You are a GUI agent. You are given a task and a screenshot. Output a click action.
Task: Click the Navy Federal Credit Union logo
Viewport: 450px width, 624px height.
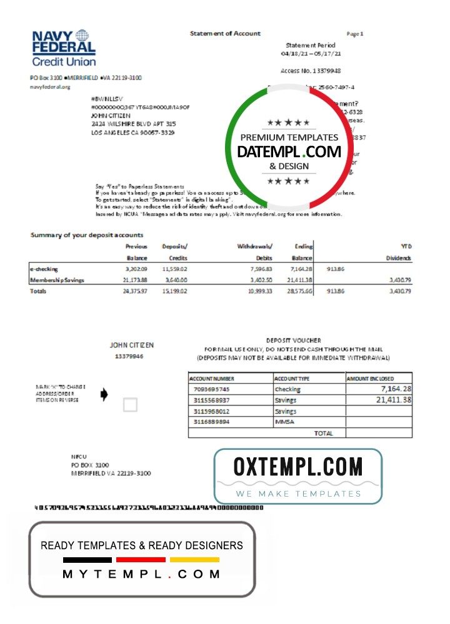tap(64, 49)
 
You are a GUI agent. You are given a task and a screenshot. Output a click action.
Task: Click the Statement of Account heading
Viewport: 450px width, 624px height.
tap(225, 34)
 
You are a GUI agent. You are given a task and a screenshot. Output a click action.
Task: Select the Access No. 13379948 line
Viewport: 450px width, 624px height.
tap(311, 71)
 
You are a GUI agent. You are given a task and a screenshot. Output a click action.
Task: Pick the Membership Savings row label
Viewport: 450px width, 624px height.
tap(57, 280)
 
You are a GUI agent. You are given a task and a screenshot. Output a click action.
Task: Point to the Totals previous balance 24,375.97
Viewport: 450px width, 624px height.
tap(135, 291)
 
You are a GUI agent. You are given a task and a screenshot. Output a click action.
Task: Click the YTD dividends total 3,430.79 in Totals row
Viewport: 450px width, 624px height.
tap(399, 291)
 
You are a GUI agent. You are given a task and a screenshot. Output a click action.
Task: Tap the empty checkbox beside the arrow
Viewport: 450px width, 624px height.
tap(130, 405)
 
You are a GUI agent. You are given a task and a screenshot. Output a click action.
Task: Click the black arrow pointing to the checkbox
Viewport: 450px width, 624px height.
tap(104, 394)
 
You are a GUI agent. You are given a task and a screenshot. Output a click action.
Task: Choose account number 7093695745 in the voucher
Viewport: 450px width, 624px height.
tap(212, 389)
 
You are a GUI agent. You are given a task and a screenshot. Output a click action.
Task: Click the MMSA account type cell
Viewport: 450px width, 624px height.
tap(284, 422)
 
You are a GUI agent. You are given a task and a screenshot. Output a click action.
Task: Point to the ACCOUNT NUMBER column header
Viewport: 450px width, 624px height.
tap(212, 378)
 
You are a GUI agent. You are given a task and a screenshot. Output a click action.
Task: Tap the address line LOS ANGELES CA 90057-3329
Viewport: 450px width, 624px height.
tap(133, 133)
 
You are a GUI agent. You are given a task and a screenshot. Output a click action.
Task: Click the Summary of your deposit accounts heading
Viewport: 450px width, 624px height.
tap(87, 235)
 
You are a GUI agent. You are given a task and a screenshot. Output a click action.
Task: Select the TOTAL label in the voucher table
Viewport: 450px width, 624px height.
tap(323, 432)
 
